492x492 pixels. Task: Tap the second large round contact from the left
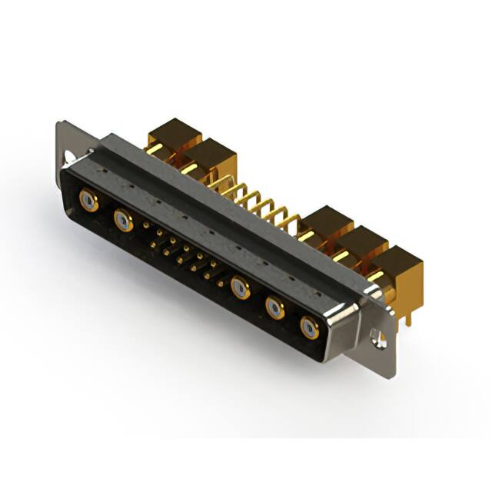(122, 221)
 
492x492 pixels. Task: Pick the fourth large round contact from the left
(274, 308)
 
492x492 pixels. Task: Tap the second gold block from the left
(210, 157)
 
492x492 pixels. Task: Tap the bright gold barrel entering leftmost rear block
(154, 148)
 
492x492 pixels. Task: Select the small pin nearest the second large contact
(146, 226)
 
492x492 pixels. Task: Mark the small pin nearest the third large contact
(221, 284)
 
